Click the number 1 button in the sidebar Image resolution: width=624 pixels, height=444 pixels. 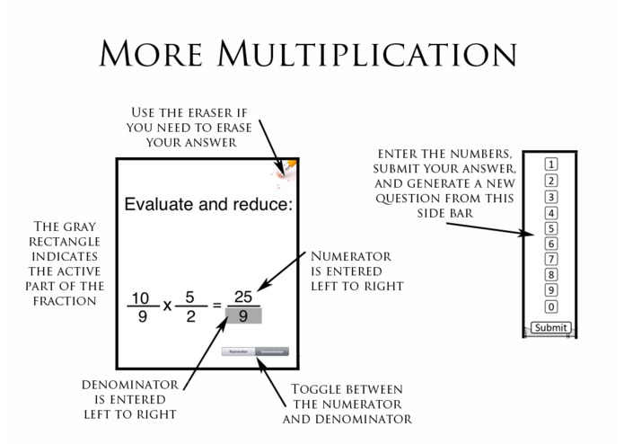pyautogui.click(x=551, y=164)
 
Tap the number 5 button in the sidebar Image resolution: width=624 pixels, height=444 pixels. pyautogui.click(x=551, y=228)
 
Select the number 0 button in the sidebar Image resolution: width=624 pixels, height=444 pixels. pyautogui.click(x=551, y=307)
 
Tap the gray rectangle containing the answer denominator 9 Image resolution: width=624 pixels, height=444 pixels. pyautogui.click(x=242, y=315)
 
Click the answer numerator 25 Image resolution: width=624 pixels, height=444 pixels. pyautogui.click(x=242, y=297)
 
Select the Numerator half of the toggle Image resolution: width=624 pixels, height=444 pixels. pyautogui.click(x=239, y=351)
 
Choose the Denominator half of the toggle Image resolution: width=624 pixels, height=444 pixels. pyautogui.click(x=272, y=351)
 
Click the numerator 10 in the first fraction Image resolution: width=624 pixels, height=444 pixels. pyautogui.click(x=140, y=297)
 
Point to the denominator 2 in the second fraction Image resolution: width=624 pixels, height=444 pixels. pyautogui.click(x=190, y=316)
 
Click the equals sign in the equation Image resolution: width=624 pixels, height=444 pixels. pyautogui.click(x=216, y=306)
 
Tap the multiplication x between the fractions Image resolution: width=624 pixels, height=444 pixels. pyautogui.click(x=166, y=306)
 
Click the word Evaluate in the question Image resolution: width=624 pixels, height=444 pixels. pyautogui.click(x=159, y=205)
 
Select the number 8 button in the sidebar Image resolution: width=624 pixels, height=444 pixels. pyautogui.click(x=551, y=275)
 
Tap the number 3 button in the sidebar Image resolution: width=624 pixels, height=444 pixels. pyautogui.click(x=551, y=197)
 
